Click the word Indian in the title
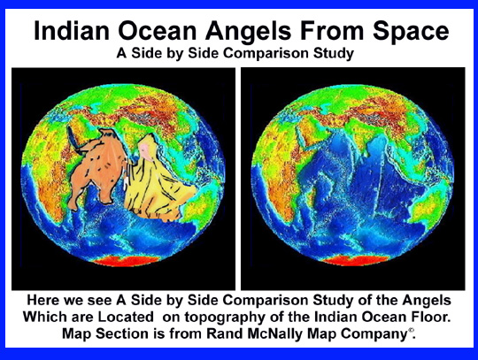coord(71,30)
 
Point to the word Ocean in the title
coord(158,31)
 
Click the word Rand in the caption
coord(225,333)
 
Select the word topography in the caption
coord(225,318)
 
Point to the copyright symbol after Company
coord(411,330)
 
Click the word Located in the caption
coord(126,317)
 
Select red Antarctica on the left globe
coord(126,261)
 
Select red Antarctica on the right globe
coord(355,260)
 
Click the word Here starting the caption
coord(43,301)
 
